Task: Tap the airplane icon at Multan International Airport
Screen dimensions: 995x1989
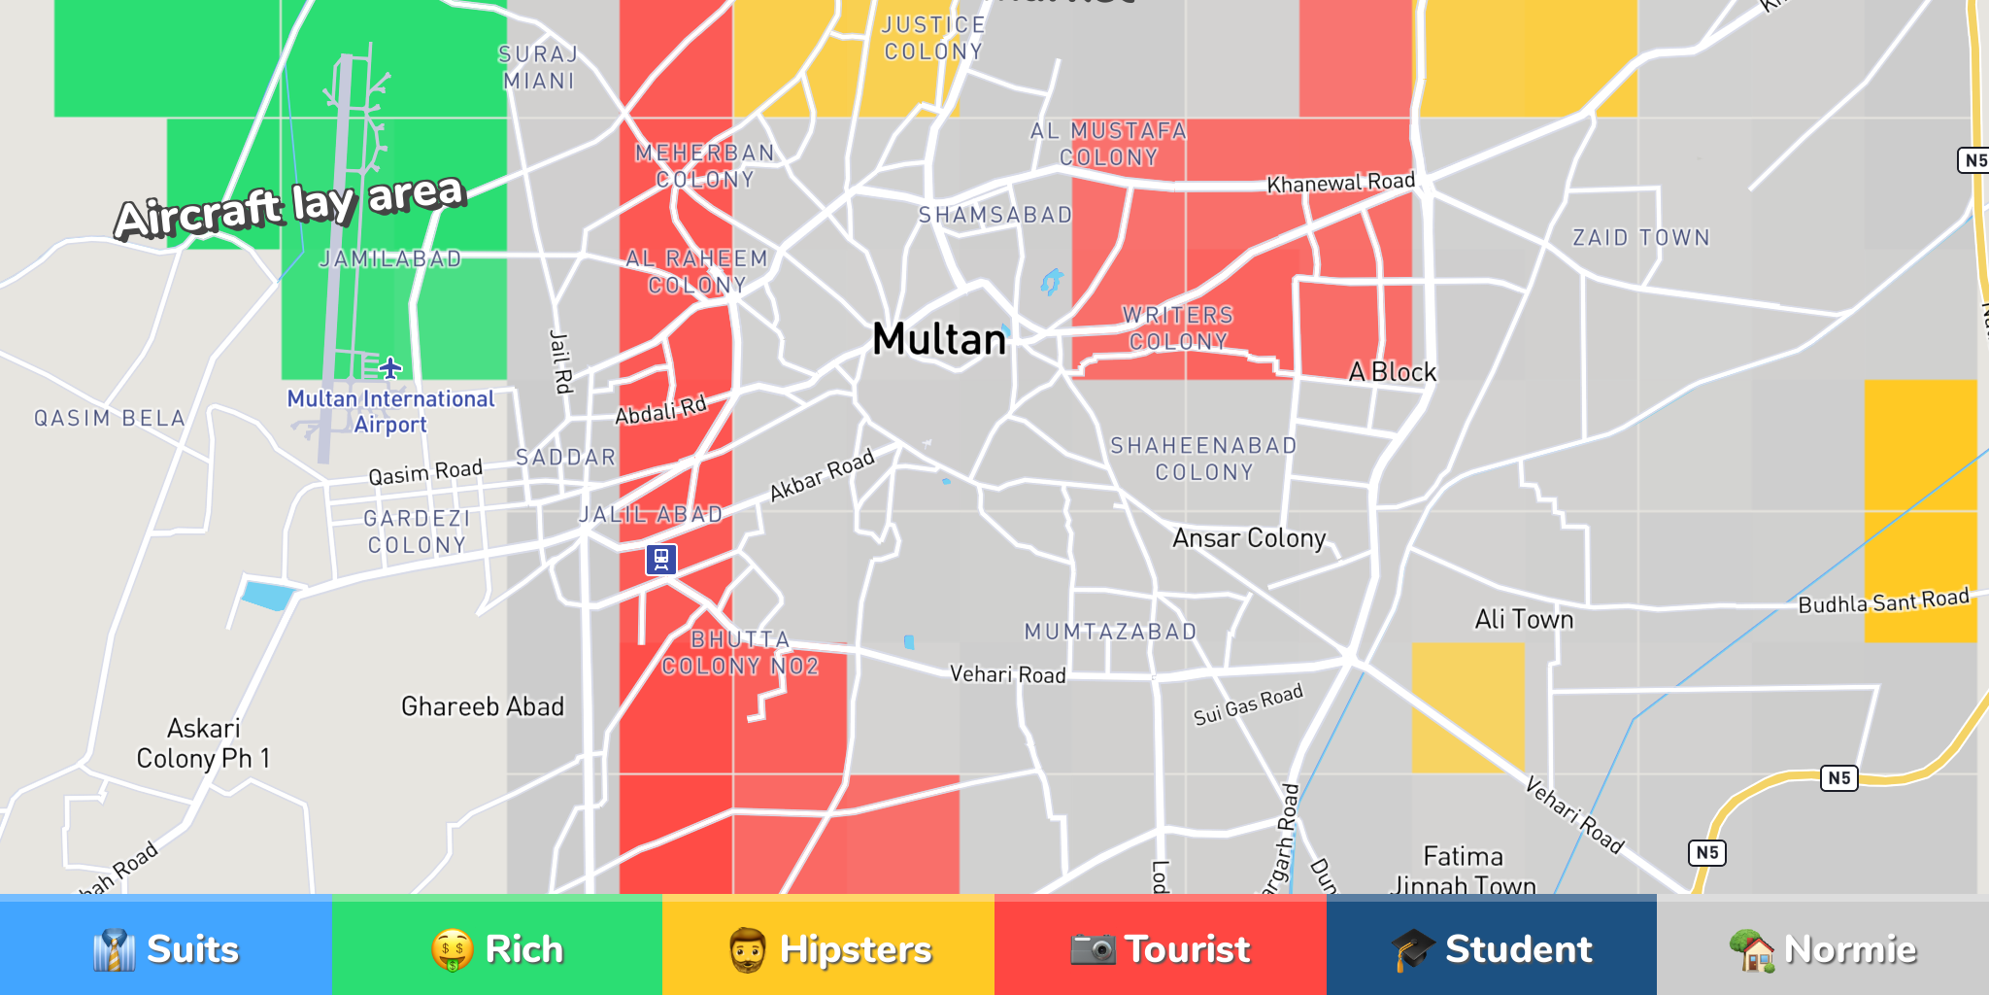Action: point(389,368)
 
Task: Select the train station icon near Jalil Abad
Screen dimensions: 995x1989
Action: point(661,560)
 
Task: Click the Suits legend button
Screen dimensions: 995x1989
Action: point(166,948)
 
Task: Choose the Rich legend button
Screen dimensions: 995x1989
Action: point(497,948)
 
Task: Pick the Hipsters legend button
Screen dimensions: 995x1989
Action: point(828,948)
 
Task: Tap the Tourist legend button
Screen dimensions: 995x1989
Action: point(1161,948)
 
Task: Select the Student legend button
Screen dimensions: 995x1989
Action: point(1492,948)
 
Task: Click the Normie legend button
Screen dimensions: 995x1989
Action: point(1823,948)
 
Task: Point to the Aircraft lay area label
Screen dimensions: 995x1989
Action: point(290,206)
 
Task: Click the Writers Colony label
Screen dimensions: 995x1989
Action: point(1178,328)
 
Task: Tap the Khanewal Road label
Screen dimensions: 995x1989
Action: point(1340,183)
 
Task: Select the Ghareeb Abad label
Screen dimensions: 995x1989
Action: point(483,706)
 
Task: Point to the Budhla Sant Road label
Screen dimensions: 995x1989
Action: point(1883,601)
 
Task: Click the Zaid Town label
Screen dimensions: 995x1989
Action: point(1641,238)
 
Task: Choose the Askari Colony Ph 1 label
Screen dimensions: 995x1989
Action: point(203,743)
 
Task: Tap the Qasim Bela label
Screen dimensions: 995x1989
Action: point(110,419)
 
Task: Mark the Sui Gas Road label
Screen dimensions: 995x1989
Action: point(1248,704)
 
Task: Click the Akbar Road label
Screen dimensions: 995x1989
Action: point(822,474)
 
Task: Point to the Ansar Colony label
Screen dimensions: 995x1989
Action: point(1249,538)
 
